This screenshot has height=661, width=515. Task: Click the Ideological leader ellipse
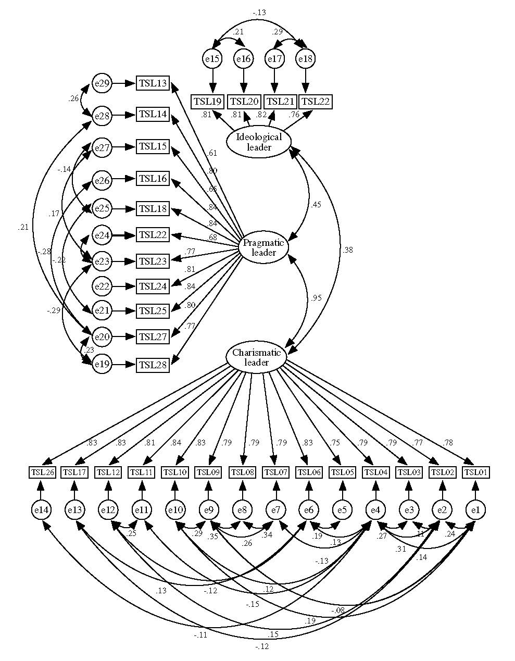pos(259,142)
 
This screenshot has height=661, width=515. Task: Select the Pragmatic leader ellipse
pos(263,247)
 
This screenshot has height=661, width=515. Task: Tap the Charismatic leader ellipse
pos(256,357)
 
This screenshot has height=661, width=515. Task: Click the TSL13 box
pos(153,83)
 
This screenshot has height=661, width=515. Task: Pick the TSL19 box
pos(207,101)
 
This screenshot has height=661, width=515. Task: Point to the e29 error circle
pos(102,83)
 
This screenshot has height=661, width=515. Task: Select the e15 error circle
pos(212,59)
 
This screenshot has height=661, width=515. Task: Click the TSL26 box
pos(41,472)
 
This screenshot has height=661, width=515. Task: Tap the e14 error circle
pos(41,509)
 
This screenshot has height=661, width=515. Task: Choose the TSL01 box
pos(476,472)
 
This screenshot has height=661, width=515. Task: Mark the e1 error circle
pos(475,509)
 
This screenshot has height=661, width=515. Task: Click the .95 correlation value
pos(316,298)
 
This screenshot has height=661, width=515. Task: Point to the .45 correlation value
pos(315,204)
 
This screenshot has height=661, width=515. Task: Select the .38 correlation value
pos(347,250)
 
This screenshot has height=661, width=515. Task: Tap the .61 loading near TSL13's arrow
pos(212,153)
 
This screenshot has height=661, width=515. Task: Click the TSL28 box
pos(153,365)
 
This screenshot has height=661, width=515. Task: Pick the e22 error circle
pos(102,286)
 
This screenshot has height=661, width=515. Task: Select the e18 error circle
pos(306,59)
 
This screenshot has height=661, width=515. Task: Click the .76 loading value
pos(294,115)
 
